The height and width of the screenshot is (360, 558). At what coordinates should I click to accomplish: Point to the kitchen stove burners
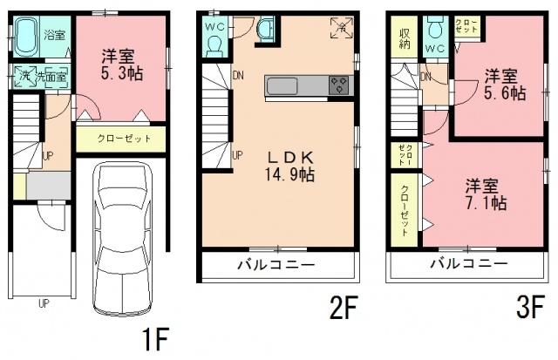point(339,85)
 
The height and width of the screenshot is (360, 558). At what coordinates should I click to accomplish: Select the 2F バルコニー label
point(277,263)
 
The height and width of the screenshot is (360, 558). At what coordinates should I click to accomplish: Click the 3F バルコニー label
point(467,263)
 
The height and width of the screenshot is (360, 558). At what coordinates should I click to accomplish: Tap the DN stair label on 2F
point(237,75)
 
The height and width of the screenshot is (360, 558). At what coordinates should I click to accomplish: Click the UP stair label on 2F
point(237,155)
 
